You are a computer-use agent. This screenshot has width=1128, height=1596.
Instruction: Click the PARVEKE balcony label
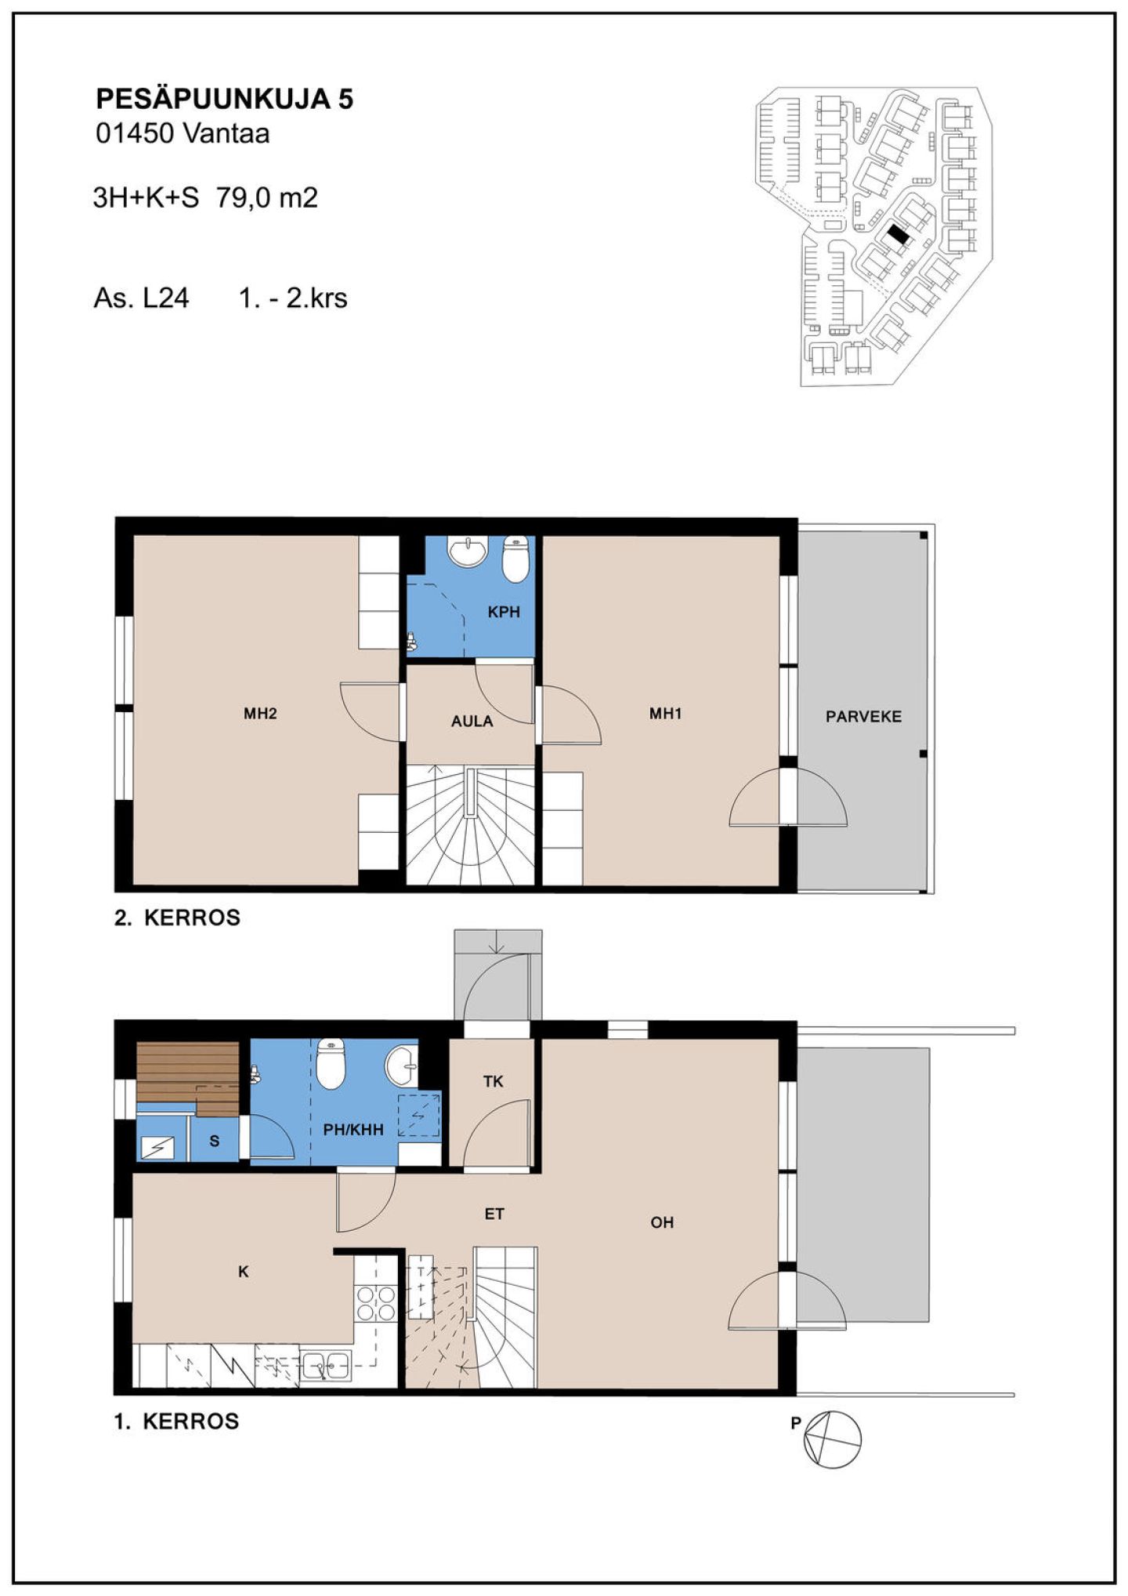[x=863, y=716]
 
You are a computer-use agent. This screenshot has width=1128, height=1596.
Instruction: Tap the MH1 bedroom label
[x=665, y=713]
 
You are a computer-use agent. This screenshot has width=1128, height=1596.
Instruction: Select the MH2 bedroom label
[x=260, y=713]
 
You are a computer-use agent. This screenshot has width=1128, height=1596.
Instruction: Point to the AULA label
[x=472, y=721]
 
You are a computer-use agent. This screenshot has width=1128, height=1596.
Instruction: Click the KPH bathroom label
[x=504, y=612]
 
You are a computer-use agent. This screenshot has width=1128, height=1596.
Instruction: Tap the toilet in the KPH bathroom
[x=515, y=559]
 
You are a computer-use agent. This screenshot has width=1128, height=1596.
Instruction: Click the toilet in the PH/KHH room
[x=331, y=1064]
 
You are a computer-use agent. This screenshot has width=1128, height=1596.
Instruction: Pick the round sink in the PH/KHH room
[x=401, y=1066]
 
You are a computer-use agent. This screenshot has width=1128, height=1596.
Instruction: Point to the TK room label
[x=493, y=1081]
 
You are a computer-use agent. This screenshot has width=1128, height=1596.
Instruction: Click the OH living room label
[x=662, y=1222]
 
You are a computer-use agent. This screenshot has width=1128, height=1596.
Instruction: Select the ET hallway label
[x=494, y=1214]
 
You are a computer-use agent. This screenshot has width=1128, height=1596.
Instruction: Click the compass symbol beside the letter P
[x=833, y=1439]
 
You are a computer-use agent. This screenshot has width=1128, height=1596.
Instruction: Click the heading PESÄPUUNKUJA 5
[x=224, y=99]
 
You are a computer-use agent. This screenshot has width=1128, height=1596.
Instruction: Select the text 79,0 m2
[x=267, y=197]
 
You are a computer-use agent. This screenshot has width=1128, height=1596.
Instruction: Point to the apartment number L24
[x=165, y=299]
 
